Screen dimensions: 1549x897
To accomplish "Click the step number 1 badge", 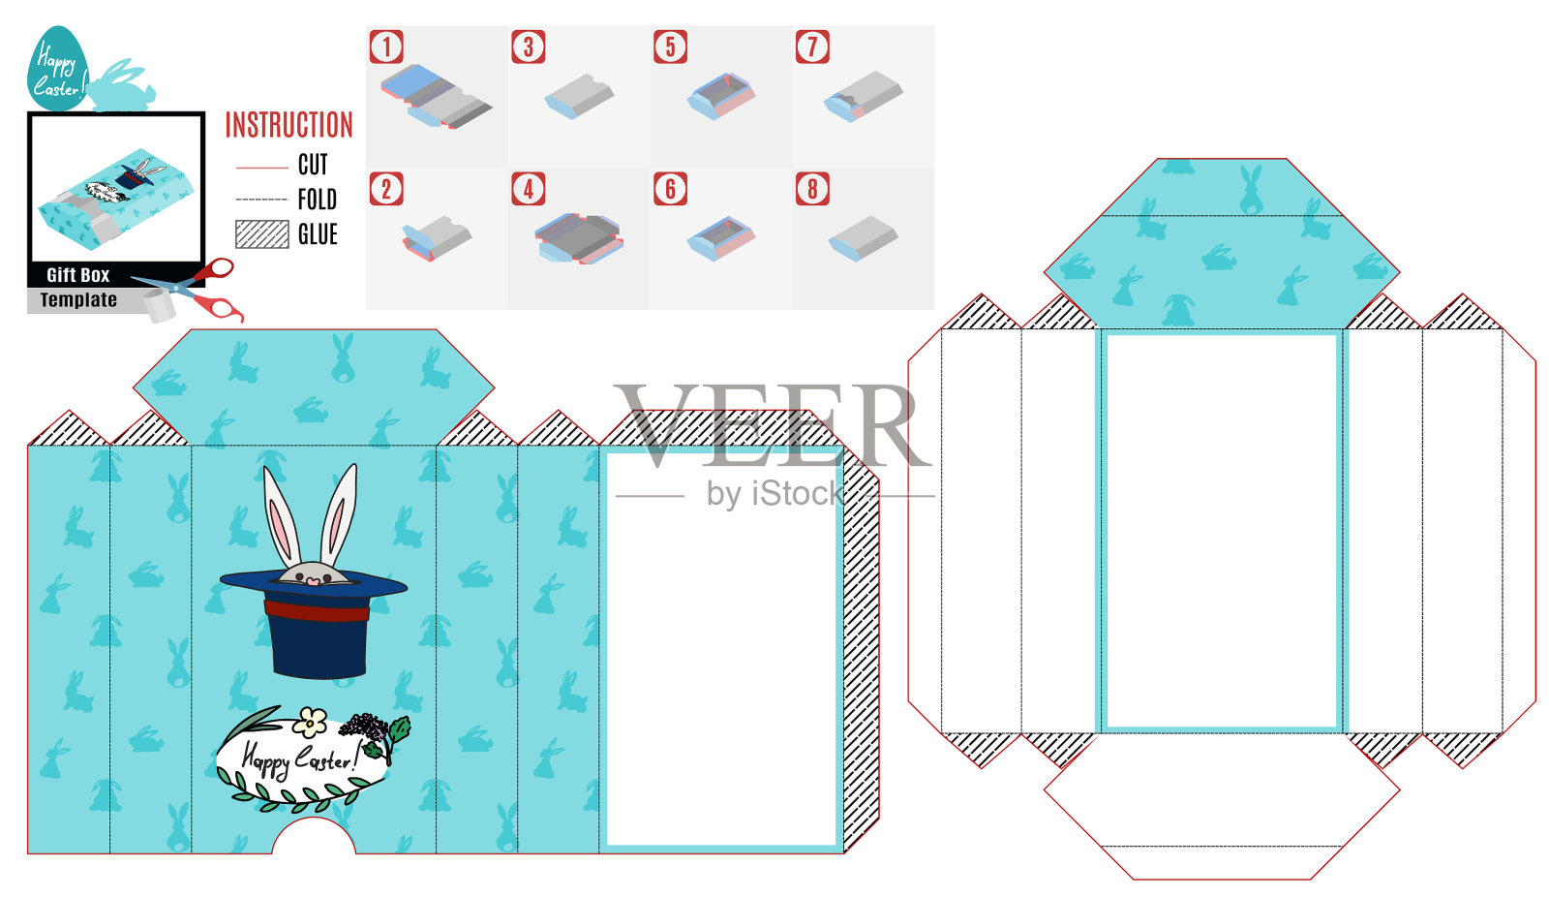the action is (386, 47).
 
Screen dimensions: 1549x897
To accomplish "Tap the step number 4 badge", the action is (529, 189).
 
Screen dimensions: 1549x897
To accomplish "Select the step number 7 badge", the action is (812, 47).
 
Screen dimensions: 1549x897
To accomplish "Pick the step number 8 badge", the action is (812, 189).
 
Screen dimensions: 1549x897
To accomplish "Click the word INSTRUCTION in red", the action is (289, 125).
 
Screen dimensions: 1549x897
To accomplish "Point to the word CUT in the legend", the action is (313, 165).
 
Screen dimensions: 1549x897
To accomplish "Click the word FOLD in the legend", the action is (318, 200).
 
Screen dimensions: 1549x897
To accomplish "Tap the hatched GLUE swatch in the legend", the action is (262, 234).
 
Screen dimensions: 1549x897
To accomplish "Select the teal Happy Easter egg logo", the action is (58, 69).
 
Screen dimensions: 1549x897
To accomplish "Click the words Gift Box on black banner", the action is (78, 275).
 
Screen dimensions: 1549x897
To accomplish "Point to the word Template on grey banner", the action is (78, 299).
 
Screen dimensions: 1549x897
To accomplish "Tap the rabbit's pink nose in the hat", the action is (314, 581).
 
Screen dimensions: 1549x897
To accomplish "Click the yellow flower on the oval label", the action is (310, 722).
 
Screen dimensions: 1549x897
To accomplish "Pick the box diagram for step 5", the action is (721, 96).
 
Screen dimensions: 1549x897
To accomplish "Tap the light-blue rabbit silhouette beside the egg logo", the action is (122, 86).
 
